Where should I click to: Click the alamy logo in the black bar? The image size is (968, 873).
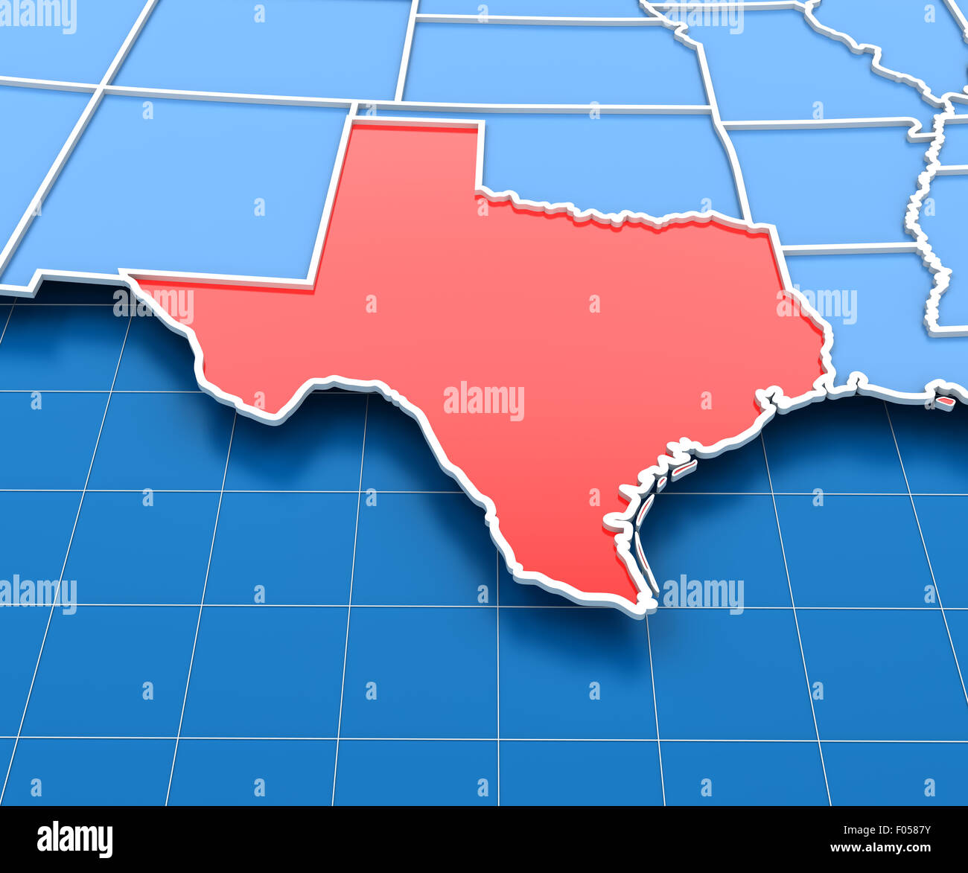tap(74, 839)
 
